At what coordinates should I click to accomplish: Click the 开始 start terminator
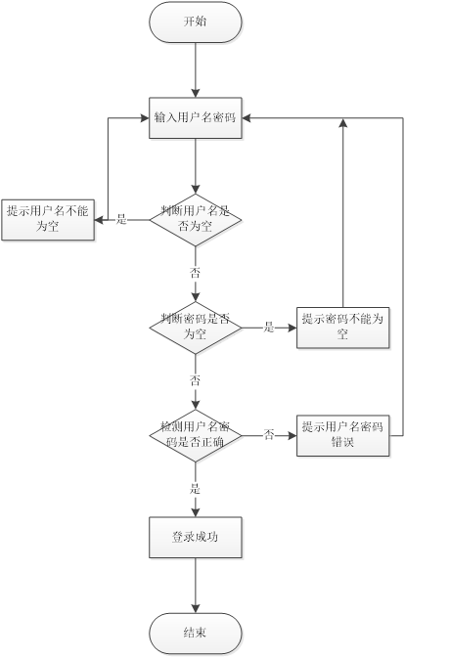196,22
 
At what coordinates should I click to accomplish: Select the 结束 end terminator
196,633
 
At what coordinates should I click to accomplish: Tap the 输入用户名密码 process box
196,117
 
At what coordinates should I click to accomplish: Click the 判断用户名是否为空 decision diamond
196,220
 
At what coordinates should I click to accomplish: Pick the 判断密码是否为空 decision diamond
196,328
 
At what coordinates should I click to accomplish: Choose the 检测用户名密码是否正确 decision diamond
196,435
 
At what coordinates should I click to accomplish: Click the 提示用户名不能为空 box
48,220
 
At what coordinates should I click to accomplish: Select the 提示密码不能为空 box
343,328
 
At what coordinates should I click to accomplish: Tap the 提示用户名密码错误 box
343,435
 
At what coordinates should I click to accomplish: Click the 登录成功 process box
196,538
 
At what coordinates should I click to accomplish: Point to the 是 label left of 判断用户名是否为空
121,219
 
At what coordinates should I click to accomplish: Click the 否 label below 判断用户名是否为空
195,273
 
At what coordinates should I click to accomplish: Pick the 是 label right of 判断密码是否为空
269,327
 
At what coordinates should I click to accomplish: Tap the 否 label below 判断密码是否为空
195,380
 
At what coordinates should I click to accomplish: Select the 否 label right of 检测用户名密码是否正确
269,434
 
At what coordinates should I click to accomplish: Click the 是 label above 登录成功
195,489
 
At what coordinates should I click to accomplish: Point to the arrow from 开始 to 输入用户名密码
196,70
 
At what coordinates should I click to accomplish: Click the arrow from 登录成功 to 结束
196,586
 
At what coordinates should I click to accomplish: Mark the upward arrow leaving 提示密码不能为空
343,213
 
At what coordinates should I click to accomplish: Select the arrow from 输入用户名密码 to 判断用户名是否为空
196,166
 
